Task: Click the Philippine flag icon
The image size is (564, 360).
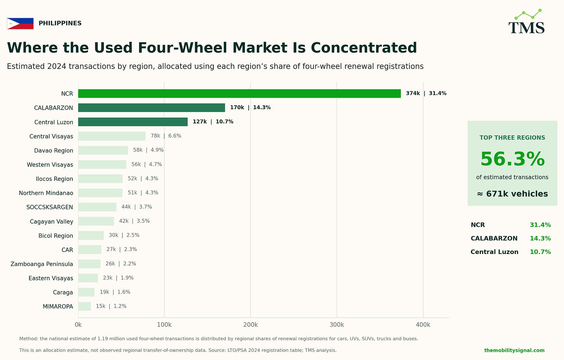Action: pos(20,23)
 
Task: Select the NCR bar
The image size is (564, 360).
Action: pos(239,94)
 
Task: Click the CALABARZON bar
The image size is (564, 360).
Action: pos(151,108)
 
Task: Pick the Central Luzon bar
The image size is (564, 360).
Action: pos(133,122)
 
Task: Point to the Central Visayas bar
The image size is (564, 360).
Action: pos(112,136)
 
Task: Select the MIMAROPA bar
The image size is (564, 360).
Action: pos(84,307)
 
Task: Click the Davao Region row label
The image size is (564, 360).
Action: pos(53,151)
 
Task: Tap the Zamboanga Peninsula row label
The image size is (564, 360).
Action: pos(42,264)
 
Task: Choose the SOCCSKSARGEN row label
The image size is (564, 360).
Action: pos(50,207)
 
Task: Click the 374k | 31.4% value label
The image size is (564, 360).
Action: pos(426,93)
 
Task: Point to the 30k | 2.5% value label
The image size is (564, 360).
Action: pos(124,235)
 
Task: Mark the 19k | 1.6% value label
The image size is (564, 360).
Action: pos(115,292)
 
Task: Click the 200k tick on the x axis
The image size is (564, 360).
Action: pos(251,325)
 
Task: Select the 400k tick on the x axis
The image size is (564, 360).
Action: pos(423,325)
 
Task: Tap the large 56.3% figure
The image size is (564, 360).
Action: pos(512,159)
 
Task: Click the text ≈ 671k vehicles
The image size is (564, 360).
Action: pos(512,194)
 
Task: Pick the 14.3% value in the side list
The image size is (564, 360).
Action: pos(540,238)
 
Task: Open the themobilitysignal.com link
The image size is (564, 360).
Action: pos(514,350)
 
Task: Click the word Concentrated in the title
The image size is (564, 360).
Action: pos(364,48)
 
